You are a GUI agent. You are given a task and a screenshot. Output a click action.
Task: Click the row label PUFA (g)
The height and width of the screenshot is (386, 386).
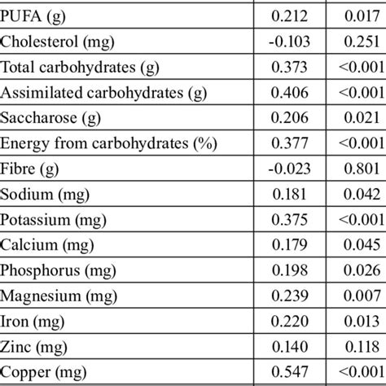(32, 14)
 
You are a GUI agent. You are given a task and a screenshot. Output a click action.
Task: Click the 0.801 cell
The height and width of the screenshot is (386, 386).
(357, 169)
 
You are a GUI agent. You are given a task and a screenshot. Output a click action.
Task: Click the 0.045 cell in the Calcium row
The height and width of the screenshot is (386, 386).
(357, 246)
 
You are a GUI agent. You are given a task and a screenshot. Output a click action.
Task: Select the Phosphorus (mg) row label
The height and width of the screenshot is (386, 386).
(53, 272)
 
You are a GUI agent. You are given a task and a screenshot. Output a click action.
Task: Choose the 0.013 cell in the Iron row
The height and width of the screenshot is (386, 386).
(357, 323)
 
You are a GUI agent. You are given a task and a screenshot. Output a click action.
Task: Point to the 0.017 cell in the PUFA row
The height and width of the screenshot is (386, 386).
(357, 14)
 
